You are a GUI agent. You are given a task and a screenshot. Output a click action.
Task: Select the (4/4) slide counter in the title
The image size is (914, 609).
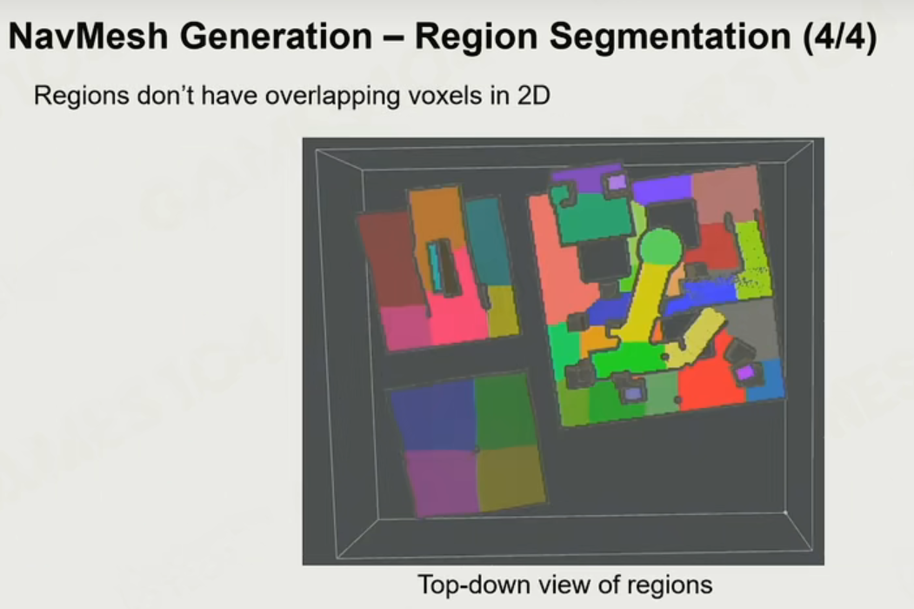[839, 37]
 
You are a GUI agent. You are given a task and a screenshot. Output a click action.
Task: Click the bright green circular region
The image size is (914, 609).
[660, 247]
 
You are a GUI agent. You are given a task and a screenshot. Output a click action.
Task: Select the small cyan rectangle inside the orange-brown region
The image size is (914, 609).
[434, 265]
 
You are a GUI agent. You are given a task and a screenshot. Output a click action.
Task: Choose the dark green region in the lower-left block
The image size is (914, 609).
[504, 410]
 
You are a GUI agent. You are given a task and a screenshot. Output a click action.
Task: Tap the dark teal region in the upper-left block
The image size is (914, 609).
[487, 240]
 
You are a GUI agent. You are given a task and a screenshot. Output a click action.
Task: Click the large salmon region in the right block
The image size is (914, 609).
[557, 263]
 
